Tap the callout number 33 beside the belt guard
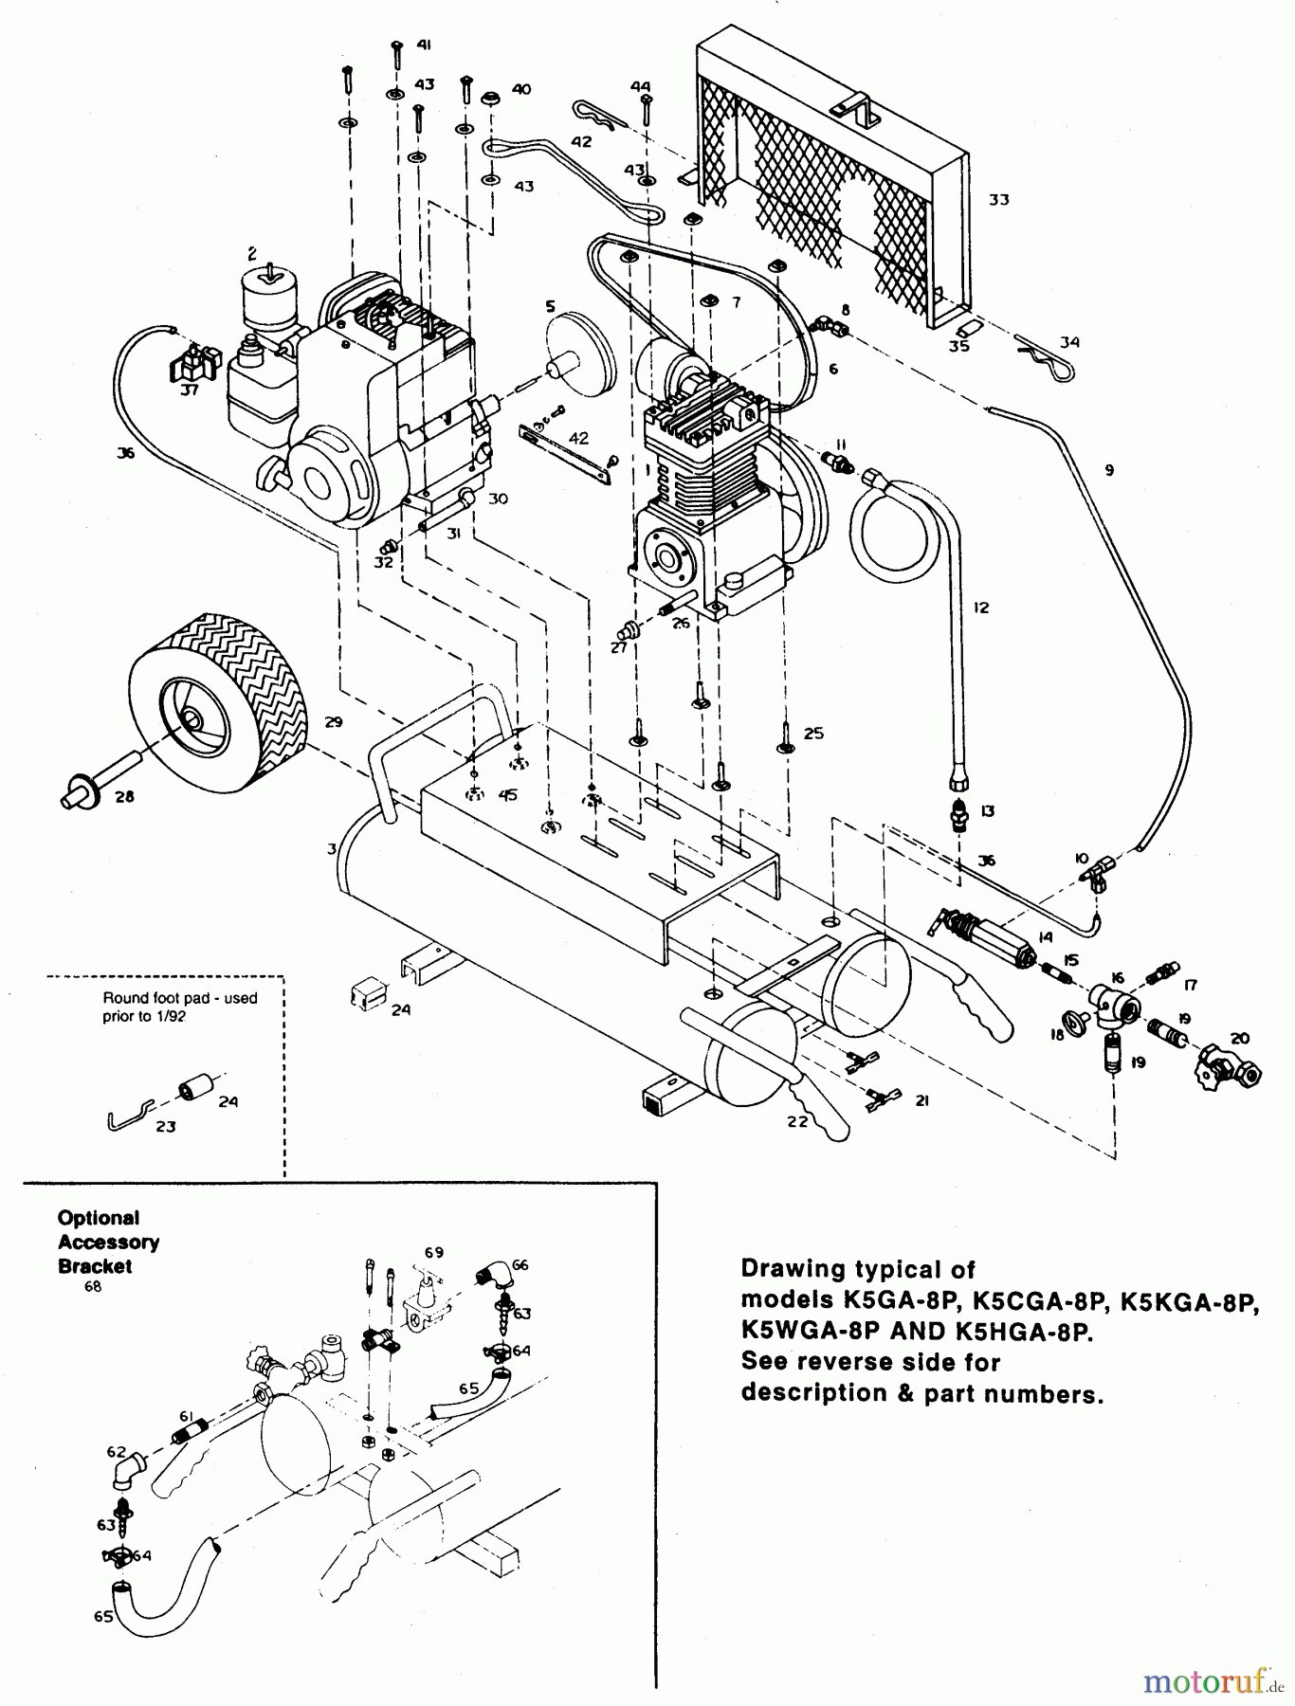point(998,200)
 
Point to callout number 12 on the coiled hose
point(980,608)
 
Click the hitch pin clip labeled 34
point(1043,359)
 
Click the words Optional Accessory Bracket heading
point(107,1242)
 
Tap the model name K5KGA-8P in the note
point(1188,1300)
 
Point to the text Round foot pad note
point(180,1007)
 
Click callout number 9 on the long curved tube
point(1108,469)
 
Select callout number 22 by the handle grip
point(796,1121)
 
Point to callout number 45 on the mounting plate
point(508,795)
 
